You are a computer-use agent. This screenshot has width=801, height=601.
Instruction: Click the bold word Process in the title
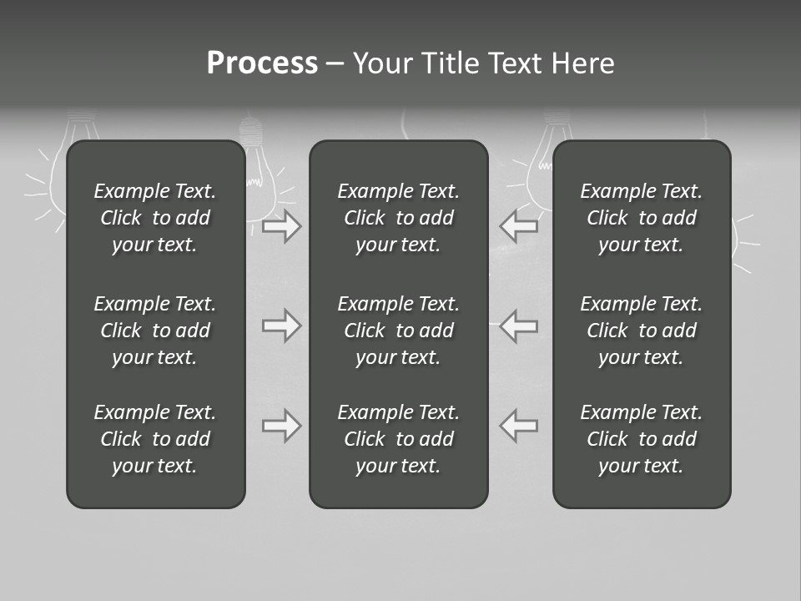coord(262,63)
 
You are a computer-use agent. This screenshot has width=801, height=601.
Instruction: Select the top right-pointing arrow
coord(281,226)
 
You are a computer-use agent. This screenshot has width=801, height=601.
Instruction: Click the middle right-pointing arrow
coord(281,326)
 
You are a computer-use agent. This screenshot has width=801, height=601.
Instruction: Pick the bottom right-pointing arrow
coord(281,426)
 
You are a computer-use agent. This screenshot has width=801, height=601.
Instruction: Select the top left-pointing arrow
coord(519,225)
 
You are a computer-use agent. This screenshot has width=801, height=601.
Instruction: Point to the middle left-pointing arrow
coord(519,326)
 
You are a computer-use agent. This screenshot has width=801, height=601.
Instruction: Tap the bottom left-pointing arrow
coord(519,426)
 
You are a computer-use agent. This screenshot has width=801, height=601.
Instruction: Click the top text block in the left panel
coord(155,218)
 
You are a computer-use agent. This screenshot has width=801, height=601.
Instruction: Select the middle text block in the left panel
coord(155,331)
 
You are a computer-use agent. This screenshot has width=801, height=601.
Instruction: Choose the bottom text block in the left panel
coord(155,439)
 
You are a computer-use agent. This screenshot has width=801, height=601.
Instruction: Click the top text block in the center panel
coord(399,218)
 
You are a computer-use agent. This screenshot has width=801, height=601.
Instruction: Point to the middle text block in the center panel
coord(399,331)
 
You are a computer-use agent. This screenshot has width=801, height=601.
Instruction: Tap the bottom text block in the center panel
coord(399,439)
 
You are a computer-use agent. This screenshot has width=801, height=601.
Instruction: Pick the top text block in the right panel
coord(642,218)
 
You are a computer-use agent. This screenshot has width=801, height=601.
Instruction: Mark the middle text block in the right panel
coord(642,331)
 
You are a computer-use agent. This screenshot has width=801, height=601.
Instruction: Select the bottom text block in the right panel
coord(642,439)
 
